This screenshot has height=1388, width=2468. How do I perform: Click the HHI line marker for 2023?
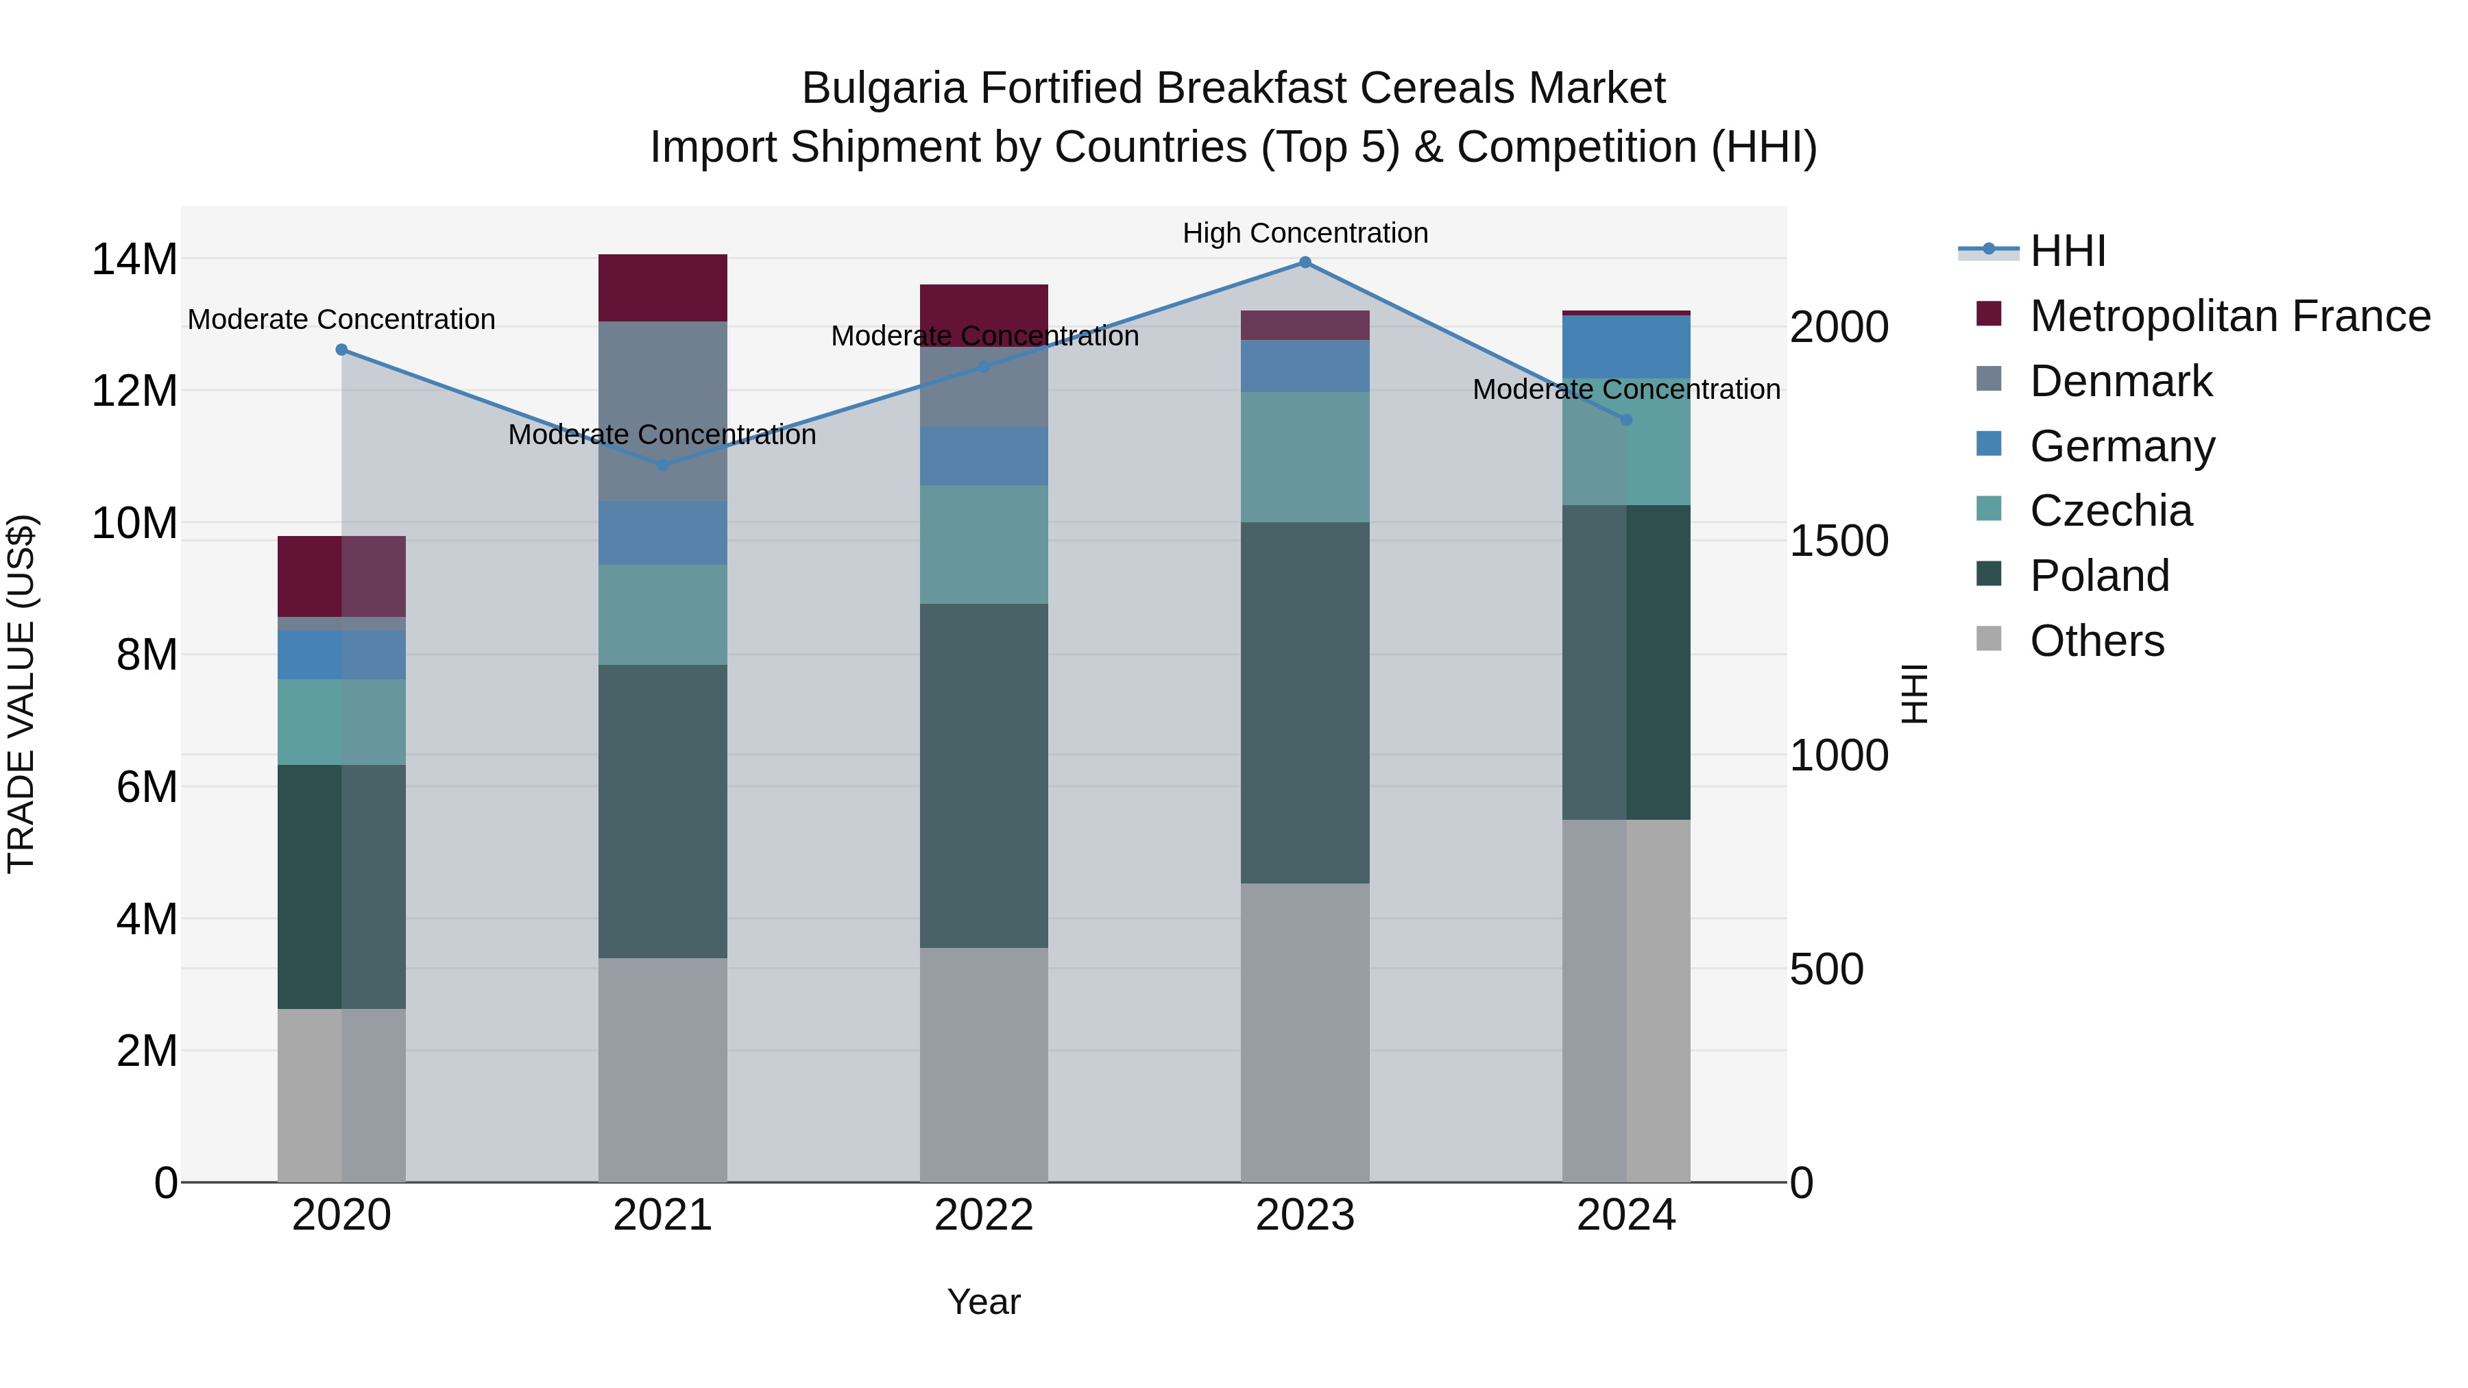[x=1305, y=263]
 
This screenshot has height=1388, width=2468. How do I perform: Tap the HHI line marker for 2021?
[x=663, y=465]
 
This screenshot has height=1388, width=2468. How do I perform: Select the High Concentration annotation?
[x=1305, y=233]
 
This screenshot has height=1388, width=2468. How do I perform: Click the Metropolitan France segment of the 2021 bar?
[x=663, y=287]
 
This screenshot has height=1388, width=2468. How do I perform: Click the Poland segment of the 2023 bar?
[x=1305, y=702]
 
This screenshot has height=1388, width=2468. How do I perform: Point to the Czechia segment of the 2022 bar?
[x=984, y=544]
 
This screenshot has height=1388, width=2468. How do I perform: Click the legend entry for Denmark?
[x=2120, y=381]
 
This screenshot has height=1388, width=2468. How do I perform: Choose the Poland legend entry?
[x=2099, y=576]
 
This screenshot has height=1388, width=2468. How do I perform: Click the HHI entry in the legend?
[x=2068, y=251]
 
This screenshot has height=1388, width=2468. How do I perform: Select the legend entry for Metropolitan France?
[x=2229, y=316]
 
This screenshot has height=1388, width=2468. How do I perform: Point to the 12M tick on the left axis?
[x=134, y=391]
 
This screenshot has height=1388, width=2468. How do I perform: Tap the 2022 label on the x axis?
[x=984, y=1215]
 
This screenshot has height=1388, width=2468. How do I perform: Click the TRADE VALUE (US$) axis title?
[x=21, y=694]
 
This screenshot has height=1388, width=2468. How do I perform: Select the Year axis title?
[x=984, y=1302]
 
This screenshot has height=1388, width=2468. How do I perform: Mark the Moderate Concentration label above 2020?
[x=341, y=319]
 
